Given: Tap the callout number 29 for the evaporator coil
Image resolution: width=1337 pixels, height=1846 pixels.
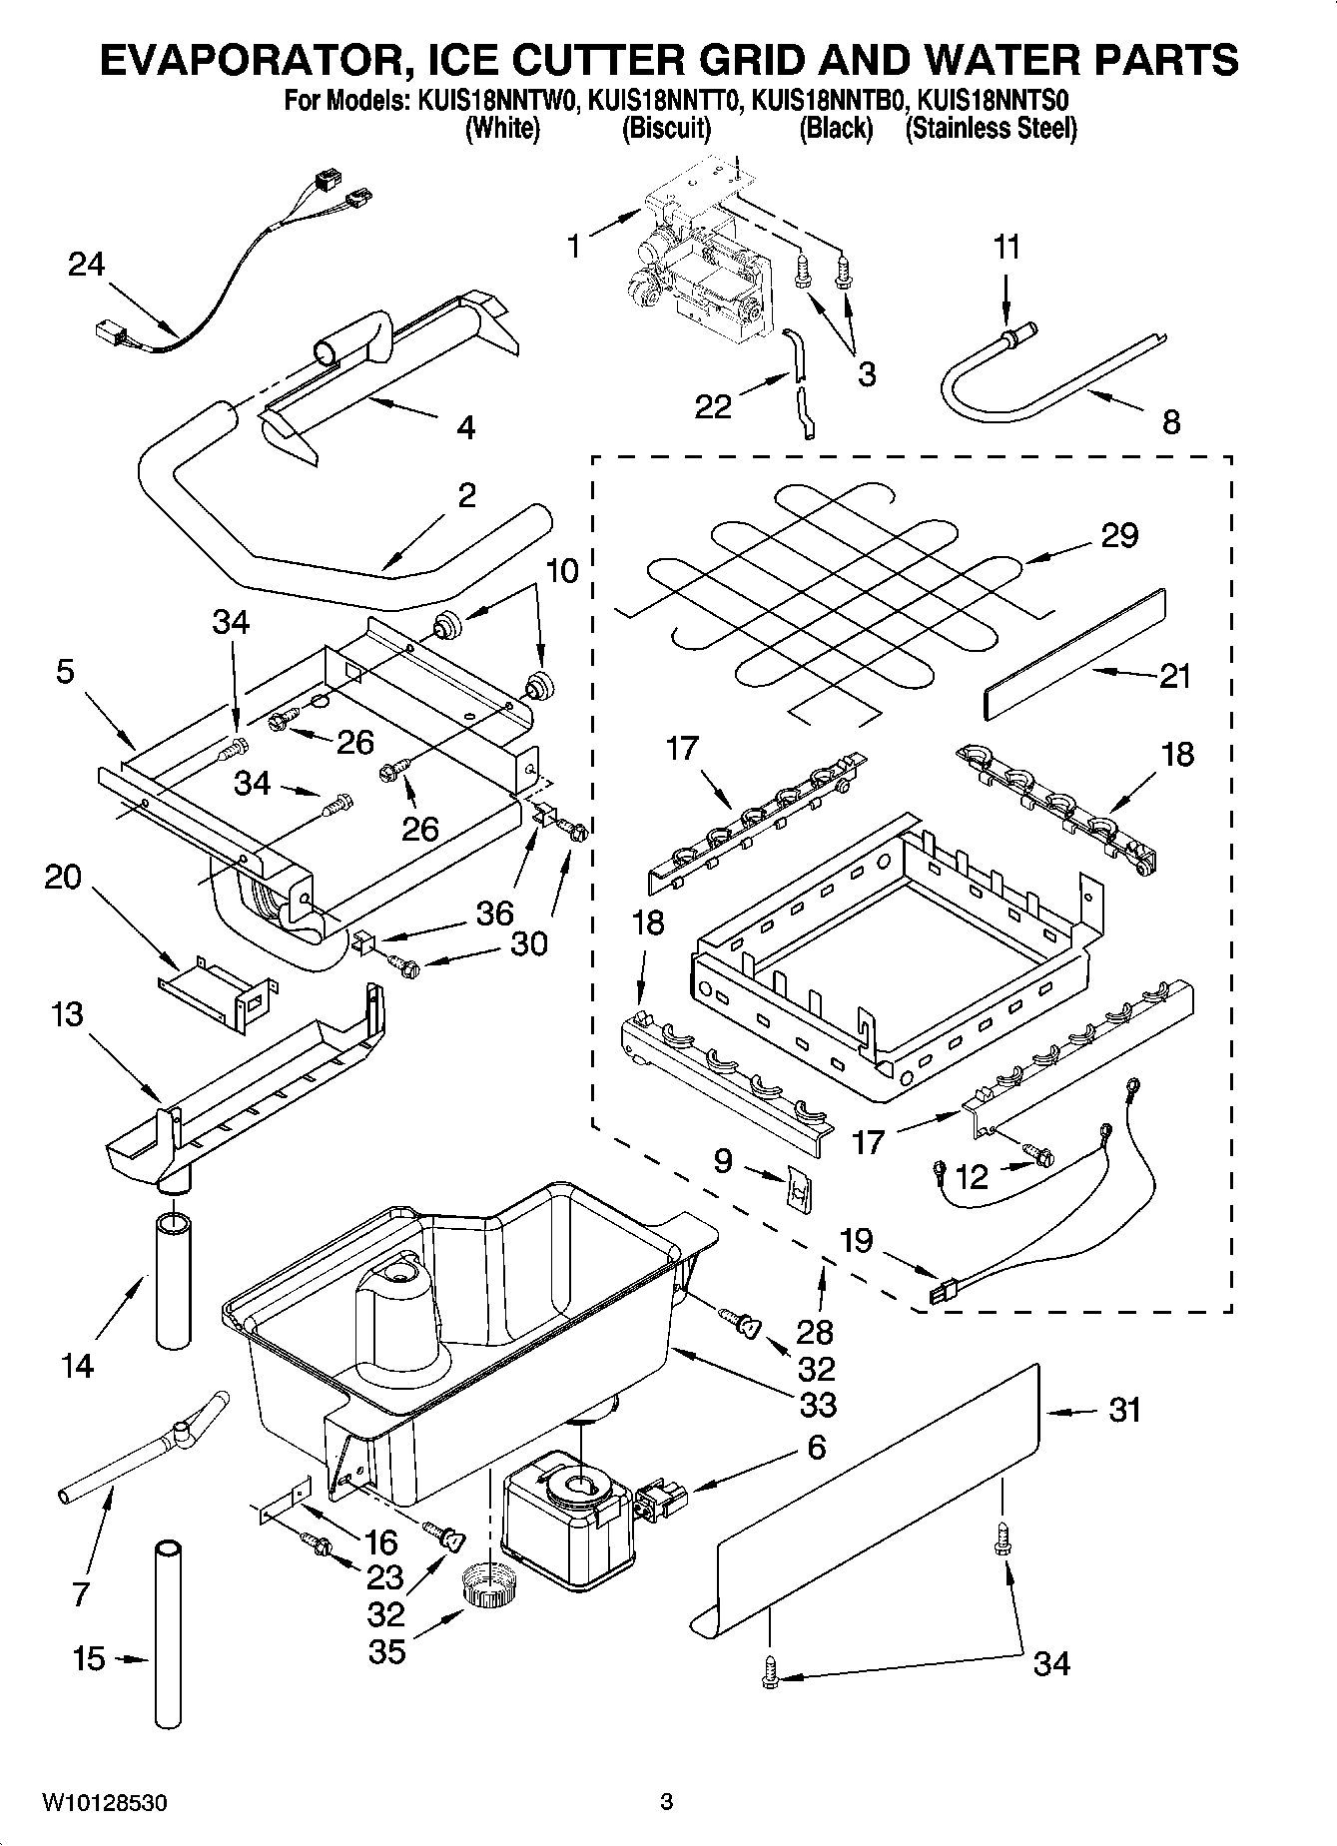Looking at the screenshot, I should (1119, 535).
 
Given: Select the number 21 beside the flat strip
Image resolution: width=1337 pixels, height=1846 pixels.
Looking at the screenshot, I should (1175, 676).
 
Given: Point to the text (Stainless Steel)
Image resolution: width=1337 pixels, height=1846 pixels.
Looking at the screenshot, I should (991, 129).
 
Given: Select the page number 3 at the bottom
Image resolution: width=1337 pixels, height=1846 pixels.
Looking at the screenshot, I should (667, 1802).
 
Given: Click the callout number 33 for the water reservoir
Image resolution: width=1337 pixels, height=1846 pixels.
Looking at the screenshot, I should (818, 1404).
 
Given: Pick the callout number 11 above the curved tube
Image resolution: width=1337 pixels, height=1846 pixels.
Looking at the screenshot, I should (1007, 247).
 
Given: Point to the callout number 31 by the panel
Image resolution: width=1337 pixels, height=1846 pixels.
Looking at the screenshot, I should (1124, 1410).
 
